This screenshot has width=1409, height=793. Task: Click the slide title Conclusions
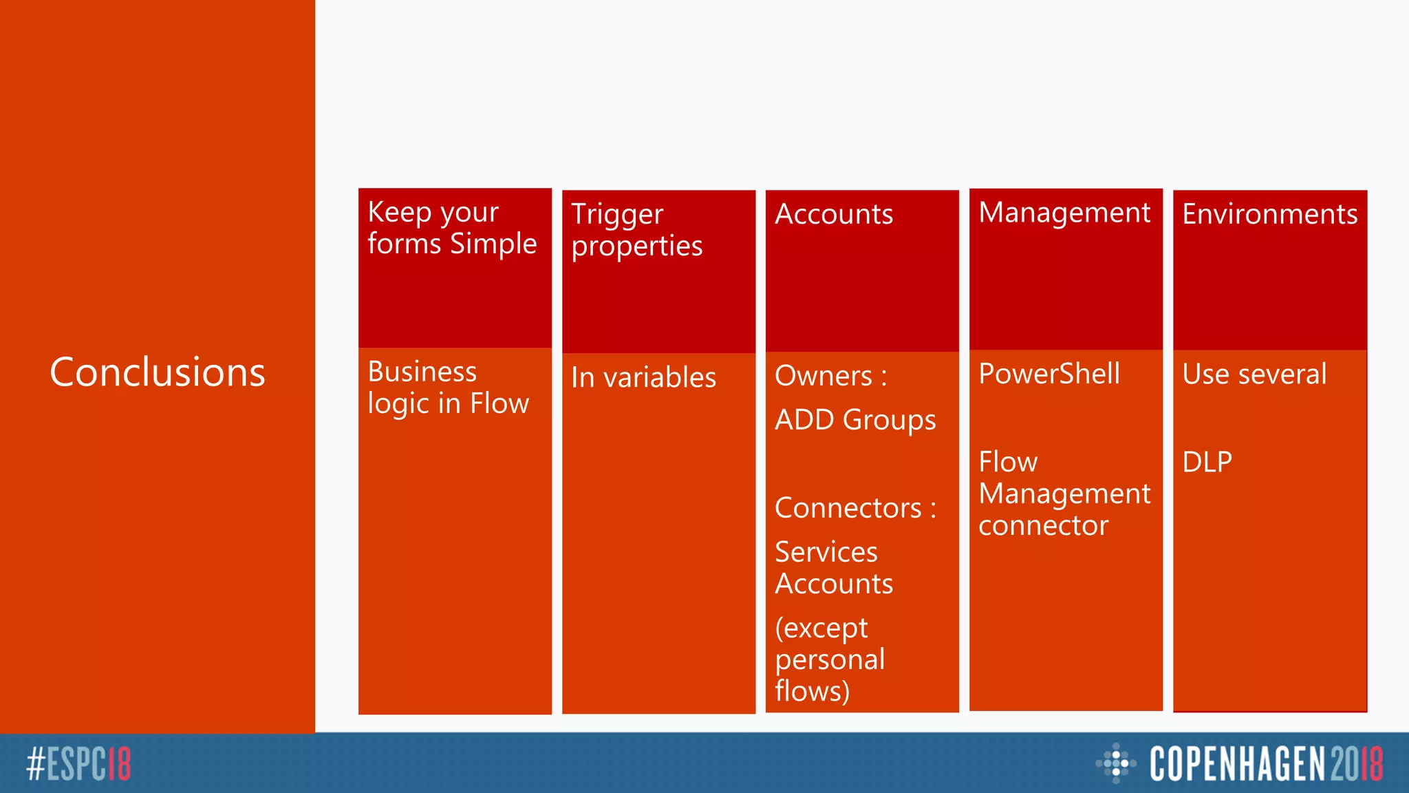click(158, 372)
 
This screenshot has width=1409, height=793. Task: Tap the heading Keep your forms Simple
click(452, 228)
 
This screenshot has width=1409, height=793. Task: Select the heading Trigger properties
click(636, 230)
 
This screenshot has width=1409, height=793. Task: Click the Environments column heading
click(1269, 214)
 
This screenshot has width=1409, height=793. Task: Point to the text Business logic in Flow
click(448, 388)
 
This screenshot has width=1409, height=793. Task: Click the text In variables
click(643, 377)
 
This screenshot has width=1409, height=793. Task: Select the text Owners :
click(830, 376)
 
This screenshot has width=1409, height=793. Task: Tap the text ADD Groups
click(855, 420)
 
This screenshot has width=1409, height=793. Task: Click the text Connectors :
click(855, 508)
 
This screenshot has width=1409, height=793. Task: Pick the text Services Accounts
click(834, 568)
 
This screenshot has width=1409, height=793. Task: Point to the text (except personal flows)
click(830, 659)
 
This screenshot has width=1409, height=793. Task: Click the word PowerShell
click(1049, 374)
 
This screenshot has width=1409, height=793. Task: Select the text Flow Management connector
click(1064, 494)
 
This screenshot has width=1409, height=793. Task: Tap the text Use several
click(1254, 374)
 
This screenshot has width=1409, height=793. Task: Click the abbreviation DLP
click(1207, 462)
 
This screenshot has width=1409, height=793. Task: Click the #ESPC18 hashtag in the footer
click(78, 764)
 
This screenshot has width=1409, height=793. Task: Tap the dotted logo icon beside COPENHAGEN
click(1115, 763)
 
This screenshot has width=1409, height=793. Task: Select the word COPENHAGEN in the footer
click(1237, 764)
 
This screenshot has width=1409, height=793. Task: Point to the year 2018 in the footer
click(1356, 764)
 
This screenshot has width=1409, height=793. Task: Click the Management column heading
click(1064, 213)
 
